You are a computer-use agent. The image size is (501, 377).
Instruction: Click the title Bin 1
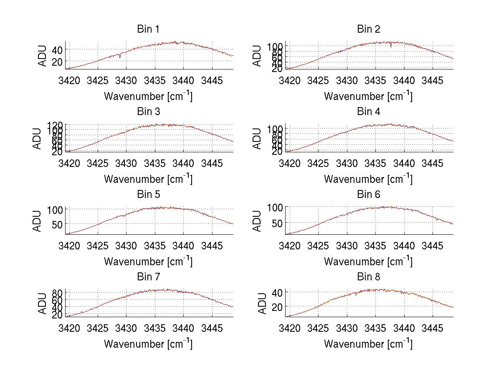click(148, 29)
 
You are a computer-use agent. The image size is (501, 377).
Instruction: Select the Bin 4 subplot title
click(369, 112)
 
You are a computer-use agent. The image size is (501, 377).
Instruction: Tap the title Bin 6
click(369, 195)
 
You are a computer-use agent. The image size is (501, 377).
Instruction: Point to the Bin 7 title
click(148, 277)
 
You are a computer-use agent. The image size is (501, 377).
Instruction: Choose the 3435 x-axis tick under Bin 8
click(376, 328)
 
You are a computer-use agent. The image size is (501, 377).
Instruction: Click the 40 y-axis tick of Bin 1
click(57, 50)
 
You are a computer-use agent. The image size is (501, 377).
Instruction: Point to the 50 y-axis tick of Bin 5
click(57, 224)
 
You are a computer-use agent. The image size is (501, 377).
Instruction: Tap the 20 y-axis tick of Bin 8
click(277, 307)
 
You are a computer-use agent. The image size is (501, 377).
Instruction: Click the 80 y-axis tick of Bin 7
click(57, 292)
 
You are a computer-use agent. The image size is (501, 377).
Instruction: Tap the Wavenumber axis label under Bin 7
click(148, 344)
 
